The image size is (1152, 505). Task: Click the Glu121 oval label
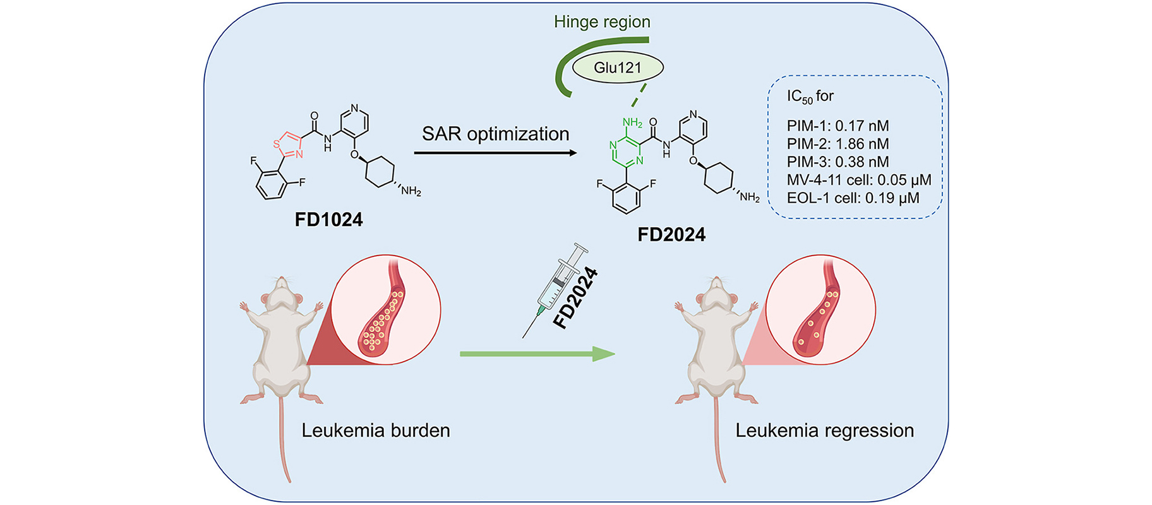[x=617, y=68]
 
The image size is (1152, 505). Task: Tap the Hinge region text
[x=601, y=22]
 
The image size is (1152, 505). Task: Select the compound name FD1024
[x=328, y=220]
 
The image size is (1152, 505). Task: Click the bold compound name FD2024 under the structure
[x=671, y=235]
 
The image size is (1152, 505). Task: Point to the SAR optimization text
[x=495, y=134]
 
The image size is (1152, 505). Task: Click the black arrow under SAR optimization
[x=495, y=153]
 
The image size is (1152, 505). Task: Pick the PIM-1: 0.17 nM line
[x=837, y=126]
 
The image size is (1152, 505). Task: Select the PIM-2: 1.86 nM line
[x=837, y=143]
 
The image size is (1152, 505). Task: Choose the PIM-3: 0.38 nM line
[x=837, y=162]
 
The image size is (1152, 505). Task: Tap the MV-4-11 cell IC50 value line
[x=859, y=180]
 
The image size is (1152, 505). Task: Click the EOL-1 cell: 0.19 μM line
[x=853, y=198]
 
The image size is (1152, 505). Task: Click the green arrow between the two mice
[x=537, y=354]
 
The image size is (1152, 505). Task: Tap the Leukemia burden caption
[x=375, y=431]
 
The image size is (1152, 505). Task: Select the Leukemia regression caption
[x=824, y=431]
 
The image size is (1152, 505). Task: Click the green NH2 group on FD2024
[x=632, y=122]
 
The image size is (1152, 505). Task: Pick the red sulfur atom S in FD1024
[x=276, y=144]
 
